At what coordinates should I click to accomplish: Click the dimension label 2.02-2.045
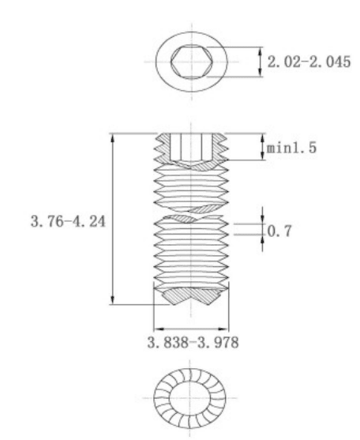309,62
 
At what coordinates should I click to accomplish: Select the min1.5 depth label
291,148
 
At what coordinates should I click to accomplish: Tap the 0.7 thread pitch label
279,231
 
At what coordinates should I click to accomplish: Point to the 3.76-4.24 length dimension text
68,221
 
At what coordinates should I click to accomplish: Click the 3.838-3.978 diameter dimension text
193,343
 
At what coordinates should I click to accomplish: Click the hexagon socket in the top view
192,62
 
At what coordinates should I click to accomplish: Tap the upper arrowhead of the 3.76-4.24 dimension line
112,138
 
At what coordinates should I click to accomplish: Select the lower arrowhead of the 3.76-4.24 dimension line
112,299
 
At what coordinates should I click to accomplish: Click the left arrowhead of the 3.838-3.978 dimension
159,329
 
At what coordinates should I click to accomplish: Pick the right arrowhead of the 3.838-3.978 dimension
223,329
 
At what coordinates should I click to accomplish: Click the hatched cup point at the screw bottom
191,296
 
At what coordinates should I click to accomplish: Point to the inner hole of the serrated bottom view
189,398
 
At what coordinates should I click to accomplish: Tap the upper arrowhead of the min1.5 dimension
263,138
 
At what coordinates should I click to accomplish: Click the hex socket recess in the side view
191,147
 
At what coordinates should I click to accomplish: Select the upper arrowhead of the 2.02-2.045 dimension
261,52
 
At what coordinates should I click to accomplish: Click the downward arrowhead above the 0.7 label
263,219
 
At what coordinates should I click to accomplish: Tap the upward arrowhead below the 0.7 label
263,240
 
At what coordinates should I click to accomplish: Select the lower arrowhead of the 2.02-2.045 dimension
261,71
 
